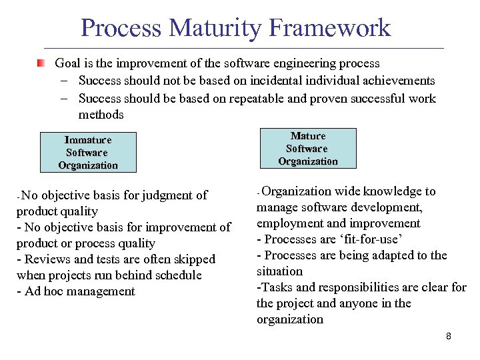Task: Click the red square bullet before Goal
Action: (41, 63)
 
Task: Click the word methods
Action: (101, 115)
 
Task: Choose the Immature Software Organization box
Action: (87, 152)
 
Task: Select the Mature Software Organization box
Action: (307, 148)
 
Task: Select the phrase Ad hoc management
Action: (79, 291)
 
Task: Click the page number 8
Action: (449, 336)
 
